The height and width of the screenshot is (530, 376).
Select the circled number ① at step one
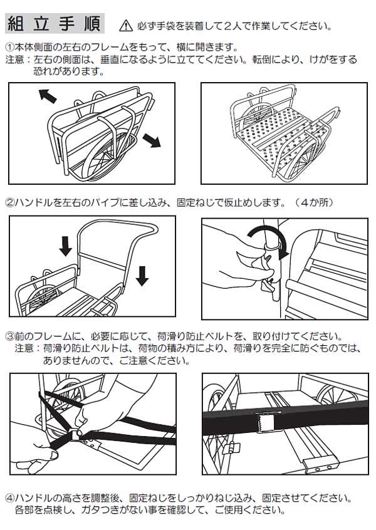tap(9, 48)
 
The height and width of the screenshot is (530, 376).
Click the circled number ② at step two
tap(9, 203)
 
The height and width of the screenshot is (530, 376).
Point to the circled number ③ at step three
tap(9, 336)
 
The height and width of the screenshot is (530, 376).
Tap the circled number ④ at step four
tap(9, 499)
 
